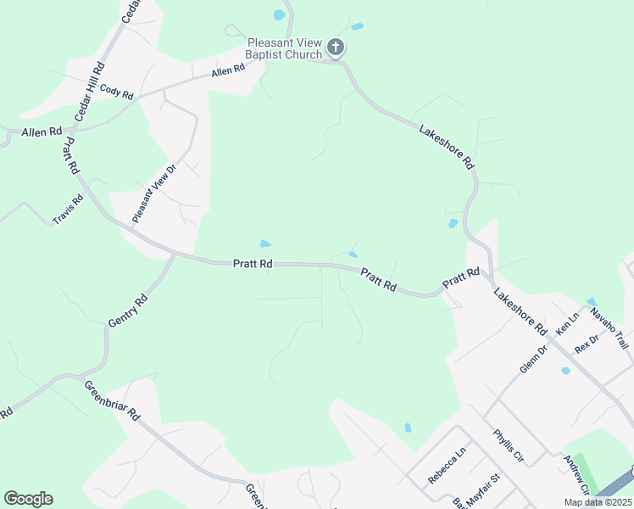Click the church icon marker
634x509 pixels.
[336, 47]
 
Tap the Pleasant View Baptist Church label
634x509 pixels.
[284, 48]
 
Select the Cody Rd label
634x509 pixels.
[116, 91]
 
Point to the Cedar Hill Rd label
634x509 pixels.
[89, 90]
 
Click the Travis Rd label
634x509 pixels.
[69, 210]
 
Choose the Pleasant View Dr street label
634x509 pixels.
[153, 193]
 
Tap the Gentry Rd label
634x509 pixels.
[128, 310]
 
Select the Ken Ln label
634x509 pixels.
[566, 322]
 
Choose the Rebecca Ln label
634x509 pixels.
[447, 466]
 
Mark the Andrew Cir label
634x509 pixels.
[577, 475]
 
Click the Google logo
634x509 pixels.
[28, 499]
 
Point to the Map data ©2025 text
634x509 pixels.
[597, 502]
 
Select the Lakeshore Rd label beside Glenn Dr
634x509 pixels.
[520, 311]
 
